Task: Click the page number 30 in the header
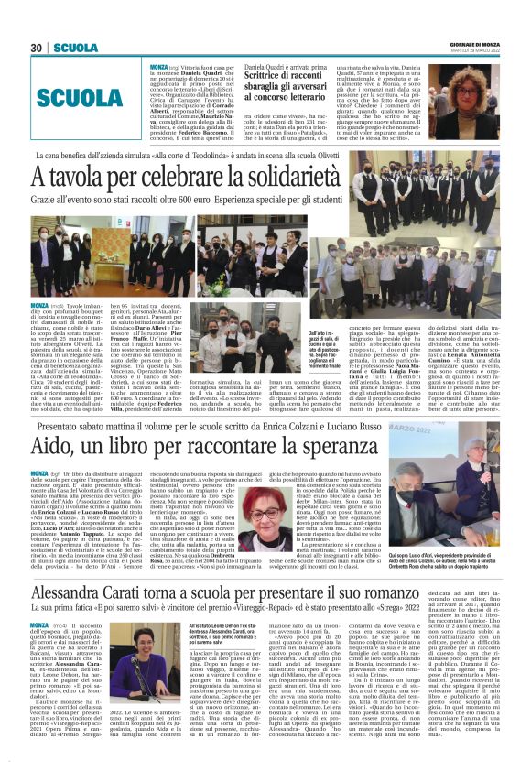pyautogui.click(x=38, y=48)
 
